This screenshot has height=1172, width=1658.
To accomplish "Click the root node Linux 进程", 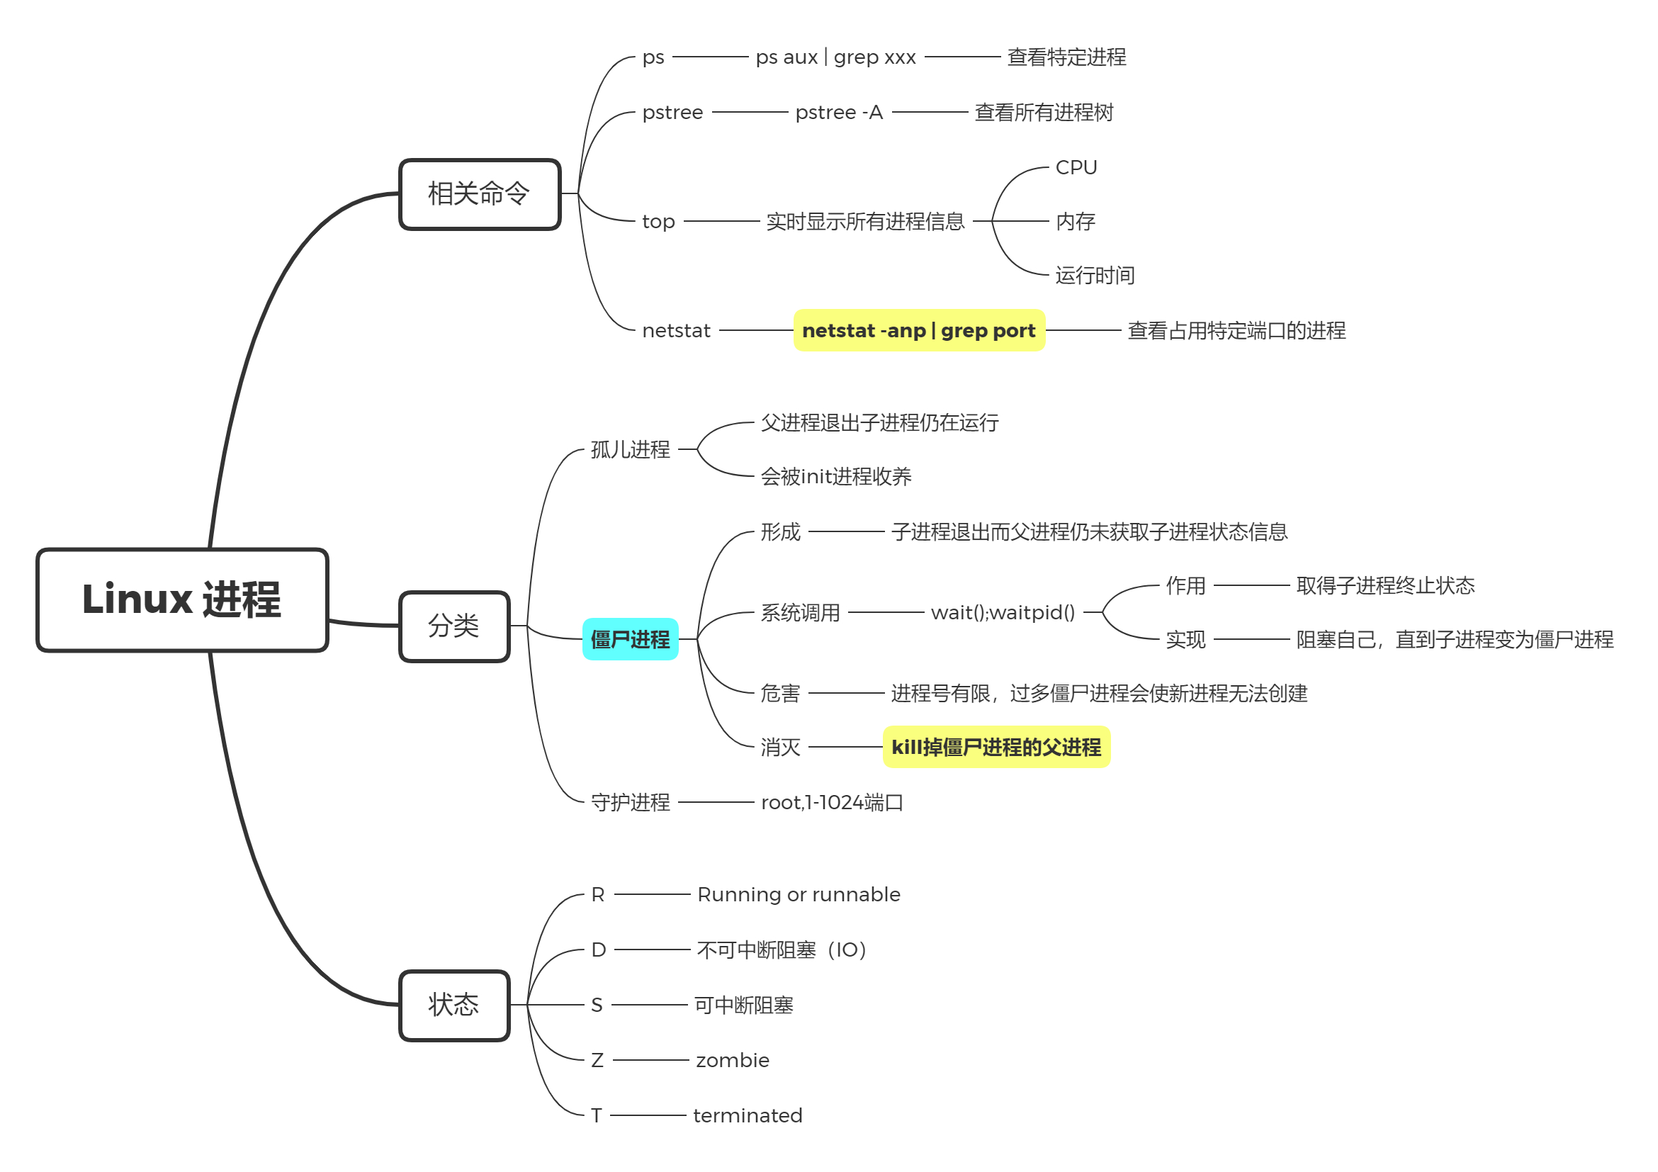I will pos(182,600).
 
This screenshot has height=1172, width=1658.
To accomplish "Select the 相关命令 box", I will pos(480,194).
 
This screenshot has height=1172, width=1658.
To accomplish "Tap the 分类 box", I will pos(454,626).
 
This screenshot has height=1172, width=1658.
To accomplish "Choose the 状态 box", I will pos(454,1005).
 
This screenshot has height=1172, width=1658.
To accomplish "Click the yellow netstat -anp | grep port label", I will pos(918,331).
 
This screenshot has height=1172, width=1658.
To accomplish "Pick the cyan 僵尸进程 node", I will pos(630,639).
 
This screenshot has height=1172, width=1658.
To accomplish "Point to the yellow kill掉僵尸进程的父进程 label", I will pos(996,747).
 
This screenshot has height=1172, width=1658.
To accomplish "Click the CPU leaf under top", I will pos(1076,167).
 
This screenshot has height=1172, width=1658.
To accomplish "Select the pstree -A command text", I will pos(838,113).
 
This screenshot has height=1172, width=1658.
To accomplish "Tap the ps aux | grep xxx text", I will pos(835,57).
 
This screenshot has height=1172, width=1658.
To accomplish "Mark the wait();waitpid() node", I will pos(1003,612).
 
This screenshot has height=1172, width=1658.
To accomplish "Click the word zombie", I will pos(732,1060).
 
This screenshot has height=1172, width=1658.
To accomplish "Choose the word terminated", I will pos(748,1116).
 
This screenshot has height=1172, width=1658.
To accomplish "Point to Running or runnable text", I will pos(799,895).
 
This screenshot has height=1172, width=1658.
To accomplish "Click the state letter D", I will pos(598,950).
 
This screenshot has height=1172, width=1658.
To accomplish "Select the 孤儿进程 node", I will pos(630,449).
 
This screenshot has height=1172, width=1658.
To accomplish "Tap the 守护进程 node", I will pos(630,802).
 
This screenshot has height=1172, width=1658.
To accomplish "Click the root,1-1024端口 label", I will pos(832,802).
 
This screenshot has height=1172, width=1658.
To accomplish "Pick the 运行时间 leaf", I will pos(1095,275).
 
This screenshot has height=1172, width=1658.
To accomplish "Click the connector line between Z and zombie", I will pos(650,1060).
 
